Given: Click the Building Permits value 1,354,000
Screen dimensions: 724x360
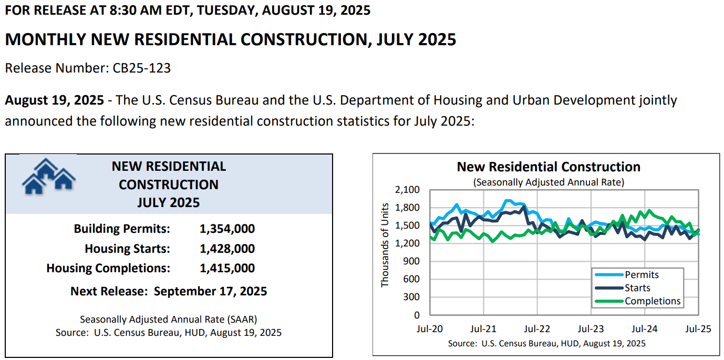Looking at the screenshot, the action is [x=227, y=229].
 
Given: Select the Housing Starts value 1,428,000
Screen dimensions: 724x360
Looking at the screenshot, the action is [x=227, y=249].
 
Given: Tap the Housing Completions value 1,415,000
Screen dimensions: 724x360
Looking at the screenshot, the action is [x=227, y=268].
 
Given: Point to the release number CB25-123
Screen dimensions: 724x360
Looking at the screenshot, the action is [x=141, y=68].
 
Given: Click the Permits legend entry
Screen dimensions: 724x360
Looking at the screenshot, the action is [x=642, y=275].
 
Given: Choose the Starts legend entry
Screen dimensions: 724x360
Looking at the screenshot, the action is [x=637, y=288].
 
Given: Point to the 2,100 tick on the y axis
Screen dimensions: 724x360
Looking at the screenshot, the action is [x=407, y=190].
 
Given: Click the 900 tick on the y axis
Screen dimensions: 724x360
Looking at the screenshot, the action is [x=411, y=261].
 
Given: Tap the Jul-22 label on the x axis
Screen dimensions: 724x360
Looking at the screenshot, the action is [x=537, y=329].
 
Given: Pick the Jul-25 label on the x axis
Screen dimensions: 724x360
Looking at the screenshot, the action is [x=698, y=329].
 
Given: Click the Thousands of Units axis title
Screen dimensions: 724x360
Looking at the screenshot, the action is [x=385, y=245].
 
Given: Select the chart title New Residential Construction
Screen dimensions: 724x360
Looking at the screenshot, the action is [x=549, y=167].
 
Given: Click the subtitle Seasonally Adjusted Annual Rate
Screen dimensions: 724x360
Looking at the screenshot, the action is [x=549, y=182].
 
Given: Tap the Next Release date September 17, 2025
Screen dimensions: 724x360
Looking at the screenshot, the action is [x=210, y=292].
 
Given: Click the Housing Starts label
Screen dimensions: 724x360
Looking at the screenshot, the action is [x=127, y=249].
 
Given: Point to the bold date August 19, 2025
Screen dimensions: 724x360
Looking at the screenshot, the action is [x=54, y=100].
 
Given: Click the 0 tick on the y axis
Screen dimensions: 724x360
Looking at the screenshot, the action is [x=417, y=315].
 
